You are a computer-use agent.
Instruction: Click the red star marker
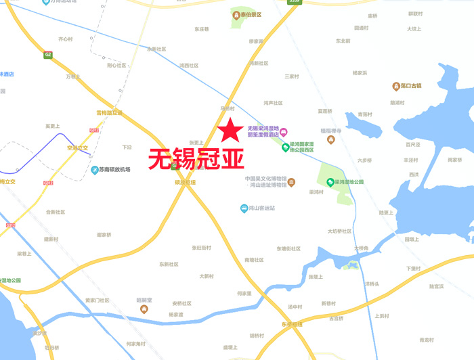point(230,129)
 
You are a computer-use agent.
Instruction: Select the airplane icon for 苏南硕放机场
point(95,169)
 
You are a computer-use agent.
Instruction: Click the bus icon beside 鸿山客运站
point(244,208)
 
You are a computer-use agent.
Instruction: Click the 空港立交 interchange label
point(77,147)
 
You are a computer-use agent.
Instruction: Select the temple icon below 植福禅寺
point(331,140)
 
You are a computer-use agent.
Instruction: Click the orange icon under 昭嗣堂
point(144,309)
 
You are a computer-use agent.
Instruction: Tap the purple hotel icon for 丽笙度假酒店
point(284,131)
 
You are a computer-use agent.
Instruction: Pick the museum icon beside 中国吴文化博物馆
point(291,182)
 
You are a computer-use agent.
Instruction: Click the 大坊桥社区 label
point(339,231)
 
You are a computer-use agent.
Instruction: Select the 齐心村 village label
point(66,39)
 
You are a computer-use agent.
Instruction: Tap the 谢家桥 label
point(104,234)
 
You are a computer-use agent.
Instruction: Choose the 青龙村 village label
point(425,339)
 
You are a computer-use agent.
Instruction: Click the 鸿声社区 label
point(273,103)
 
